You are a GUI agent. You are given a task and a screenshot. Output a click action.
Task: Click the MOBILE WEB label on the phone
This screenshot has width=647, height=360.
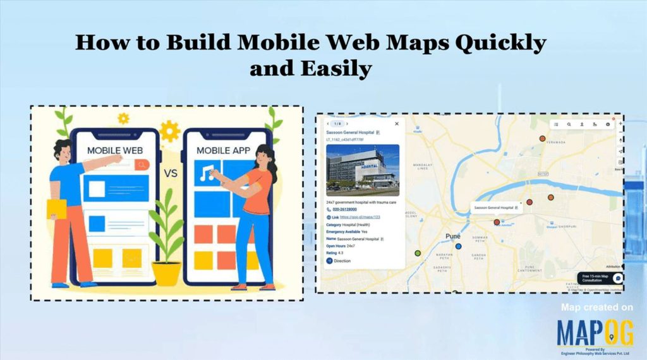[114, 150]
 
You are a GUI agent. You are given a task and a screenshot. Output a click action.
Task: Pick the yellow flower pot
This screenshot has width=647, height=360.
[167, 273]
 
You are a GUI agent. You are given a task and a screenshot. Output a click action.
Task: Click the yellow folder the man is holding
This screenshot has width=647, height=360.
[56, 209]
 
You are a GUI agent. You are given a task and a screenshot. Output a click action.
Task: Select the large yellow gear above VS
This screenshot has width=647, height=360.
[169, 131]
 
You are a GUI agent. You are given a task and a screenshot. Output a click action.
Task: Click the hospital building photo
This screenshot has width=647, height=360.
[363, 169]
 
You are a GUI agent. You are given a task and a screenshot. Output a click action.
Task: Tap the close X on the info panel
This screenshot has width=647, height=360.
[396, 124]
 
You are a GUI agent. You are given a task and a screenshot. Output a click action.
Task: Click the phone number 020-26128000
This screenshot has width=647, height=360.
[344, 209]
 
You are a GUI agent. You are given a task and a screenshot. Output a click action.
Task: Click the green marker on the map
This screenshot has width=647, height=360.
[418, 253]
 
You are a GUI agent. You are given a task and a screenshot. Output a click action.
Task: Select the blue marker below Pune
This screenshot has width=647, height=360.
[459, 246]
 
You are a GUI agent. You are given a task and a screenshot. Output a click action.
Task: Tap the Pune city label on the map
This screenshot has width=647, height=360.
[453, 236]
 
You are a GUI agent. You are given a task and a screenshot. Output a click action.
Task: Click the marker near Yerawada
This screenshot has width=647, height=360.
[542, 138]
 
